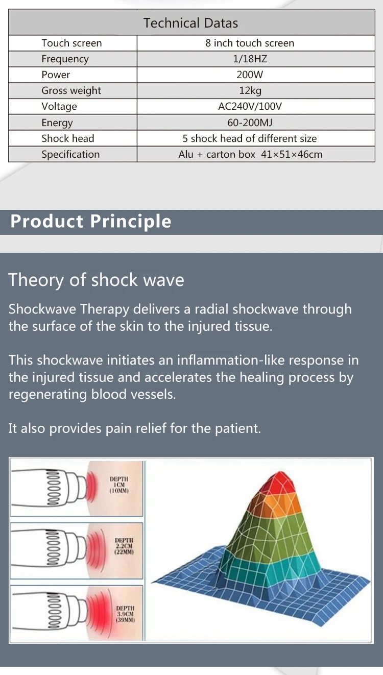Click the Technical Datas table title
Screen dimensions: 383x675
pos(190,23)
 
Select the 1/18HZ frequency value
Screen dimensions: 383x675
pos(250,59)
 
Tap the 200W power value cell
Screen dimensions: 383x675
pos(250,75)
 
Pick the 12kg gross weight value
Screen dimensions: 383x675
pos(250,90)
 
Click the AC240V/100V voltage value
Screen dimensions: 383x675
pos(250,106)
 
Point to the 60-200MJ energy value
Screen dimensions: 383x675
pos(250,123)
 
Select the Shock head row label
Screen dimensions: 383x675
pos(68,138)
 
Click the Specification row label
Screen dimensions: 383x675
pos(70,154)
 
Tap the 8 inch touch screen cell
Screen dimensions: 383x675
pos(250,43)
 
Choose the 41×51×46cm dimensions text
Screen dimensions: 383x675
pos(292,154)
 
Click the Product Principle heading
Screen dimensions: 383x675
pos(91,222)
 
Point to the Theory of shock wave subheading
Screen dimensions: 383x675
pos(96,280)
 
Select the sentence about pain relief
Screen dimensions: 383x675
pos(134,428)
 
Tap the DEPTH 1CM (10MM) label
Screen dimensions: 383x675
pos(119,485)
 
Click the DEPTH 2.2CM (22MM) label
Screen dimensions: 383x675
pos(124,546)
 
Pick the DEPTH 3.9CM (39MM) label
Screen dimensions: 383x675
pos(125,614)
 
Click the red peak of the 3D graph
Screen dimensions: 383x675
pos(280,483)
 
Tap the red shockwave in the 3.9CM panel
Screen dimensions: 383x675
pos(100,614)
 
